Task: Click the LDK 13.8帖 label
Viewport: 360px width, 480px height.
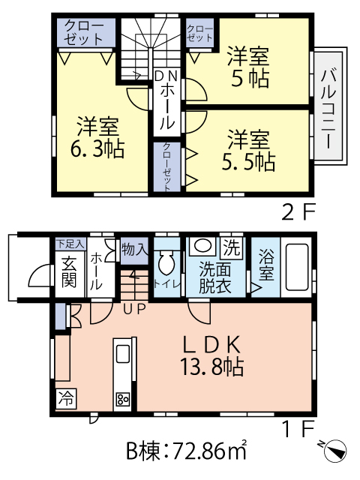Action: [x=212, y=355]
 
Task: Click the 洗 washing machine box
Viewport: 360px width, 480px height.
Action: [x=232, y=246]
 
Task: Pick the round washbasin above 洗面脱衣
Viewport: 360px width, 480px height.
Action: [x=200, y=246]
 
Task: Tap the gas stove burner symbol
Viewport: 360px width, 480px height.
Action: [x=123, y=399]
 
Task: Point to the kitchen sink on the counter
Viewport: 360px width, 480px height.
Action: [x=123, y=353]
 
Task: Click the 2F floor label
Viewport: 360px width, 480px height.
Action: [x=296, y=213]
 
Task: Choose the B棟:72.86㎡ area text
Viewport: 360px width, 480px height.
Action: [x=185, y=452]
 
